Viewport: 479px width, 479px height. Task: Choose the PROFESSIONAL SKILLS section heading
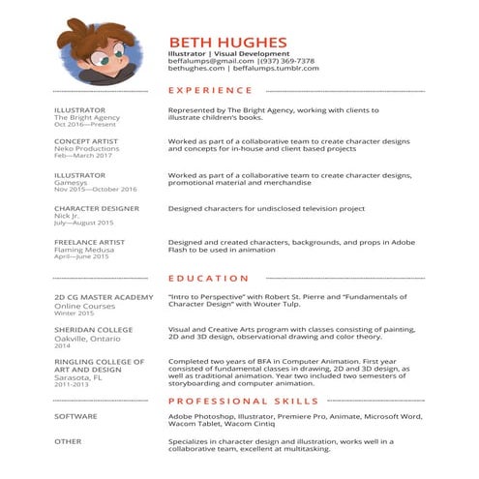pos(242,399)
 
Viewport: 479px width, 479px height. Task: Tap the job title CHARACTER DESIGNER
pos(96,208)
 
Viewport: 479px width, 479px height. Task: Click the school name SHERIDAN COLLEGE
pos(93,329)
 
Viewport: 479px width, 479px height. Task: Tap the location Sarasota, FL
pos(78,376)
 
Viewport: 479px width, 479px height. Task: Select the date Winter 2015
pos(74,313)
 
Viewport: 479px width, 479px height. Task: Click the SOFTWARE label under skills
pos(75,416)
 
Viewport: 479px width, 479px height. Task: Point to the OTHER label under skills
pos(68,441)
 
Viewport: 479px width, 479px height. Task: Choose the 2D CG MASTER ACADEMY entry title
pos(104,297)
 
